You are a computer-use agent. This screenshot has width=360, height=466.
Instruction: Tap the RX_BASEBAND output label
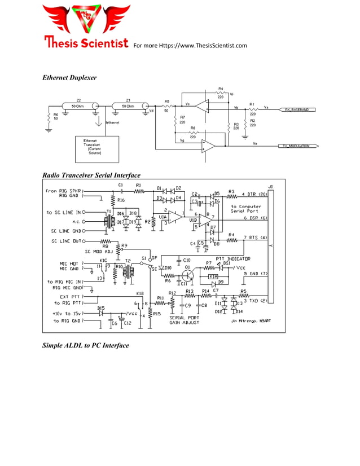tap(296, 109)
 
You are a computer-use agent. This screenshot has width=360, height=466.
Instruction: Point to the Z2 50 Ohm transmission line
tap(78, 105)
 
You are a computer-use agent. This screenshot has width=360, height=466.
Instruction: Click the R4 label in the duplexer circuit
tap(221, 89)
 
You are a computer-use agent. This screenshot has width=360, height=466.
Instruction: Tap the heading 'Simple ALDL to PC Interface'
tap(86, 345)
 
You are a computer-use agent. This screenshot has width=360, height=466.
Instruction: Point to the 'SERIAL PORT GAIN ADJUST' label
tap(184, 320)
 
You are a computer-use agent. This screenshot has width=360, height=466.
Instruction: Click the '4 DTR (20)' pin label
tap(254, 194)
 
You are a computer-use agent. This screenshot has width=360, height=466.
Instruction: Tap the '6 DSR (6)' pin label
tap(255, 218)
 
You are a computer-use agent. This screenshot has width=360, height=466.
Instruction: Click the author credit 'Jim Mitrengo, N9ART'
tap(250, 322)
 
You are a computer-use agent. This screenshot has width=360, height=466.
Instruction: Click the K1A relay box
tap(213, 276)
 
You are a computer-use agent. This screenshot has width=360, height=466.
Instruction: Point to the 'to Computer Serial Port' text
tap(246, 209)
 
